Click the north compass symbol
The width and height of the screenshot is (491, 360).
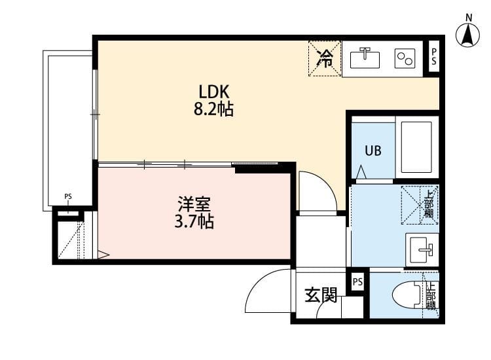point(468,34)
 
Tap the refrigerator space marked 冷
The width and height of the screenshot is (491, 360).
point(325,58)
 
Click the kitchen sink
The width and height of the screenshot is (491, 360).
point(365,58)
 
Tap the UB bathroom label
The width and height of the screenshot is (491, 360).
point(373,150)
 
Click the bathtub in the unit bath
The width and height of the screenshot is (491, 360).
point(416,147)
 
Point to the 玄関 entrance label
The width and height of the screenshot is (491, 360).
point(321,296)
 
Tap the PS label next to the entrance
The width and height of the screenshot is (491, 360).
point(357,282)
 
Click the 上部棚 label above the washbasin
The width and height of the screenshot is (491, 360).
point(429,204)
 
